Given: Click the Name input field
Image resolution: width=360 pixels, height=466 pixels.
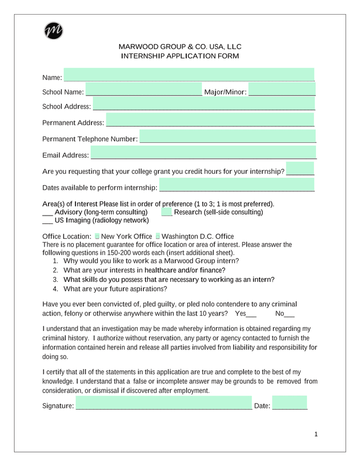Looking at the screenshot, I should pyautogui.click(x=189, y=75).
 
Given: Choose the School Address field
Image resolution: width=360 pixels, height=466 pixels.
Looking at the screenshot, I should pyautogui.click(x=204, y=105).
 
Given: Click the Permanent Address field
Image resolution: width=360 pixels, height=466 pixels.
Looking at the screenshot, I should pyautogui.click(x=210, y=121).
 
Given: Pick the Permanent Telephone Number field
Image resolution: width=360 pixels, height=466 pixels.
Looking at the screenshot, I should pyautogui.click(x=227, y=137).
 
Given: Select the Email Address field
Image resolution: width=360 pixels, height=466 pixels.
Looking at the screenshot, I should pyautogui.click(x=203, y=153).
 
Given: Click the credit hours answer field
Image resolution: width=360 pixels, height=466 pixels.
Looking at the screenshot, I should pyautogui.click(x=300, y=169).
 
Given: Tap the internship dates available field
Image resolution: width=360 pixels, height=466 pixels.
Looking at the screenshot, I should pyautogui.click(x=237, y=186).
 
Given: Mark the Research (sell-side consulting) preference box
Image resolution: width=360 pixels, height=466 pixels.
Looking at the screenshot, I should pyautogui.click(x=166, y=212).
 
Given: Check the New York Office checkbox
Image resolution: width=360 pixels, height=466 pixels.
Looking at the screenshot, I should pyautogui.click(x=97, y=236).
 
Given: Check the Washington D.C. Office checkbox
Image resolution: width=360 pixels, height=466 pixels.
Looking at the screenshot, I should pyautogui.click(x=157, y=236).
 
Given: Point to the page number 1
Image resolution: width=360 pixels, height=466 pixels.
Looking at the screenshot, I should pyautogui.click(x=316, y=434).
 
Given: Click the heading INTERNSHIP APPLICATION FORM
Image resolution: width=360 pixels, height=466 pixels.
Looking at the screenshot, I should pyautogui.click(x=180, y=56).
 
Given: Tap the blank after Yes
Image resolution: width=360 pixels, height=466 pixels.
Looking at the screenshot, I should pyautogui.click(x=251, y=313).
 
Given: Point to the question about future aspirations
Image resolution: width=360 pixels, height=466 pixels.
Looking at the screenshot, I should pyautogui.click(x=115, y=289).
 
